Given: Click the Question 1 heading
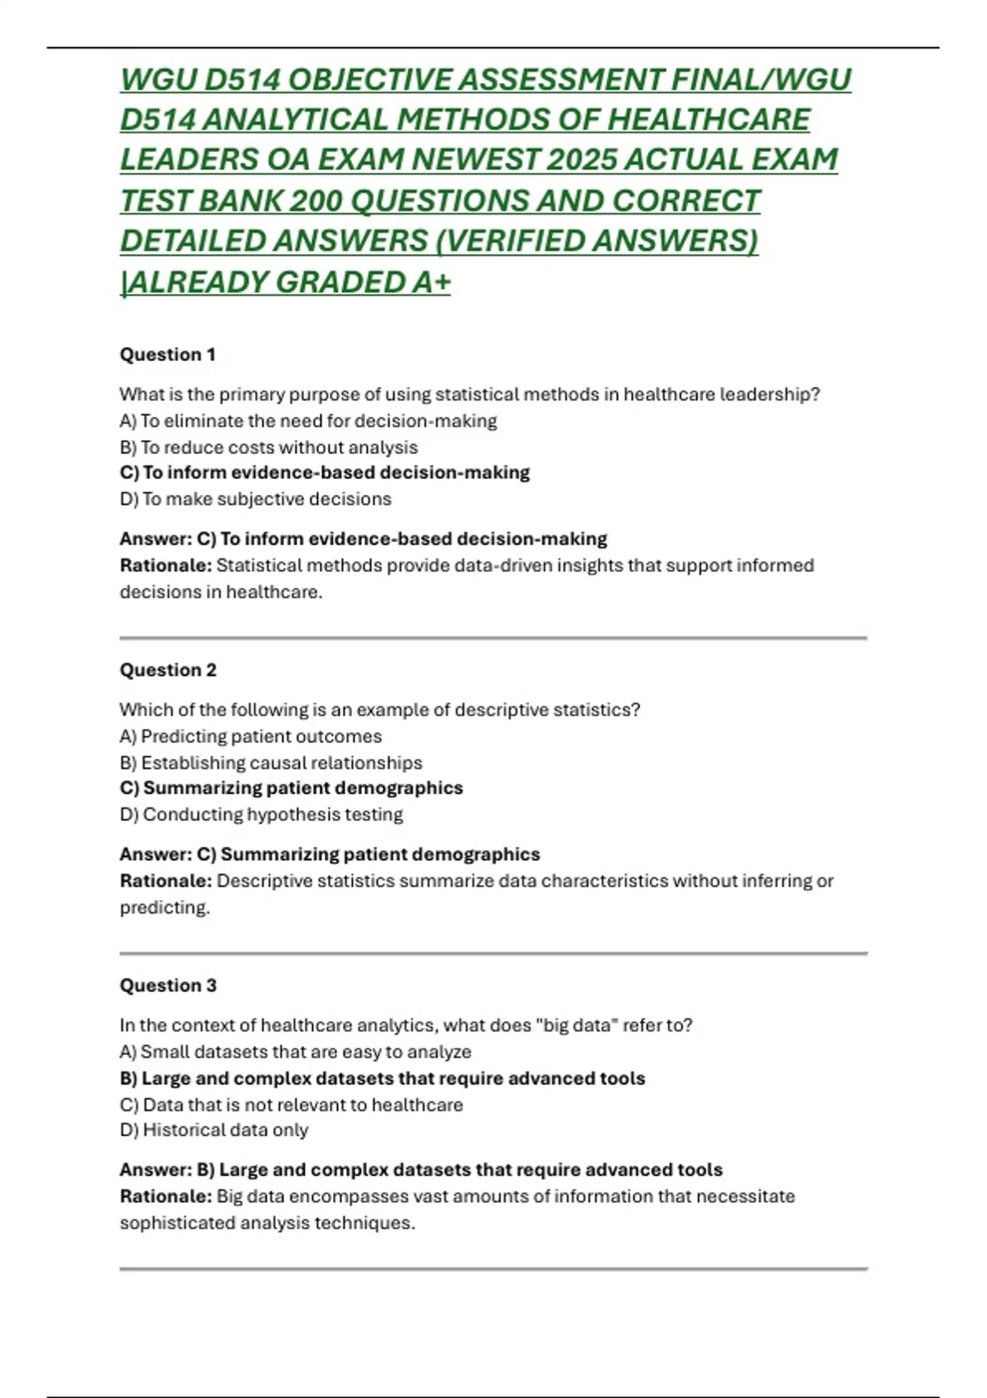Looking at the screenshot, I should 168,354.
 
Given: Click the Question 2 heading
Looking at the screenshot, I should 168,670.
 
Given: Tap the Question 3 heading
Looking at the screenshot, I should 168,985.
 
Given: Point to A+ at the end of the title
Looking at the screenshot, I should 431,282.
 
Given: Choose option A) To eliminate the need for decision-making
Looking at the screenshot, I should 308,421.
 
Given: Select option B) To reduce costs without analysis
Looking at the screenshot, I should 269,447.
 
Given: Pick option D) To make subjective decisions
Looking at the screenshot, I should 256,499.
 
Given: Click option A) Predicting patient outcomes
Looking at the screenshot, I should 251,736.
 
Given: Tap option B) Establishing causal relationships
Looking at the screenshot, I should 271,762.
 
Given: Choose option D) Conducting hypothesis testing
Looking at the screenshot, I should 262,814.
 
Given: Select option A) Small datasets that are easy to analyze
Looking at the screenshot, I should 295,1052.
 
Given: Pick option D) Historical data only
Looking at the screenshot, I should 214,1130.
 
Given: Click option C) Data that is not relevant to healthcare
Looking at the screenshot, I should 291,1104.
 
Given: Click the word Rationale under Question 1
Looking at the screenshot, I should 165,566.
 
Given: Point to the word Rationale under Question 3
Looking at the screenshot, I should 165,1197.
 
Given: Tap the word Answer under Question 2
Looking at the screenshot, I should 155,854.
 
